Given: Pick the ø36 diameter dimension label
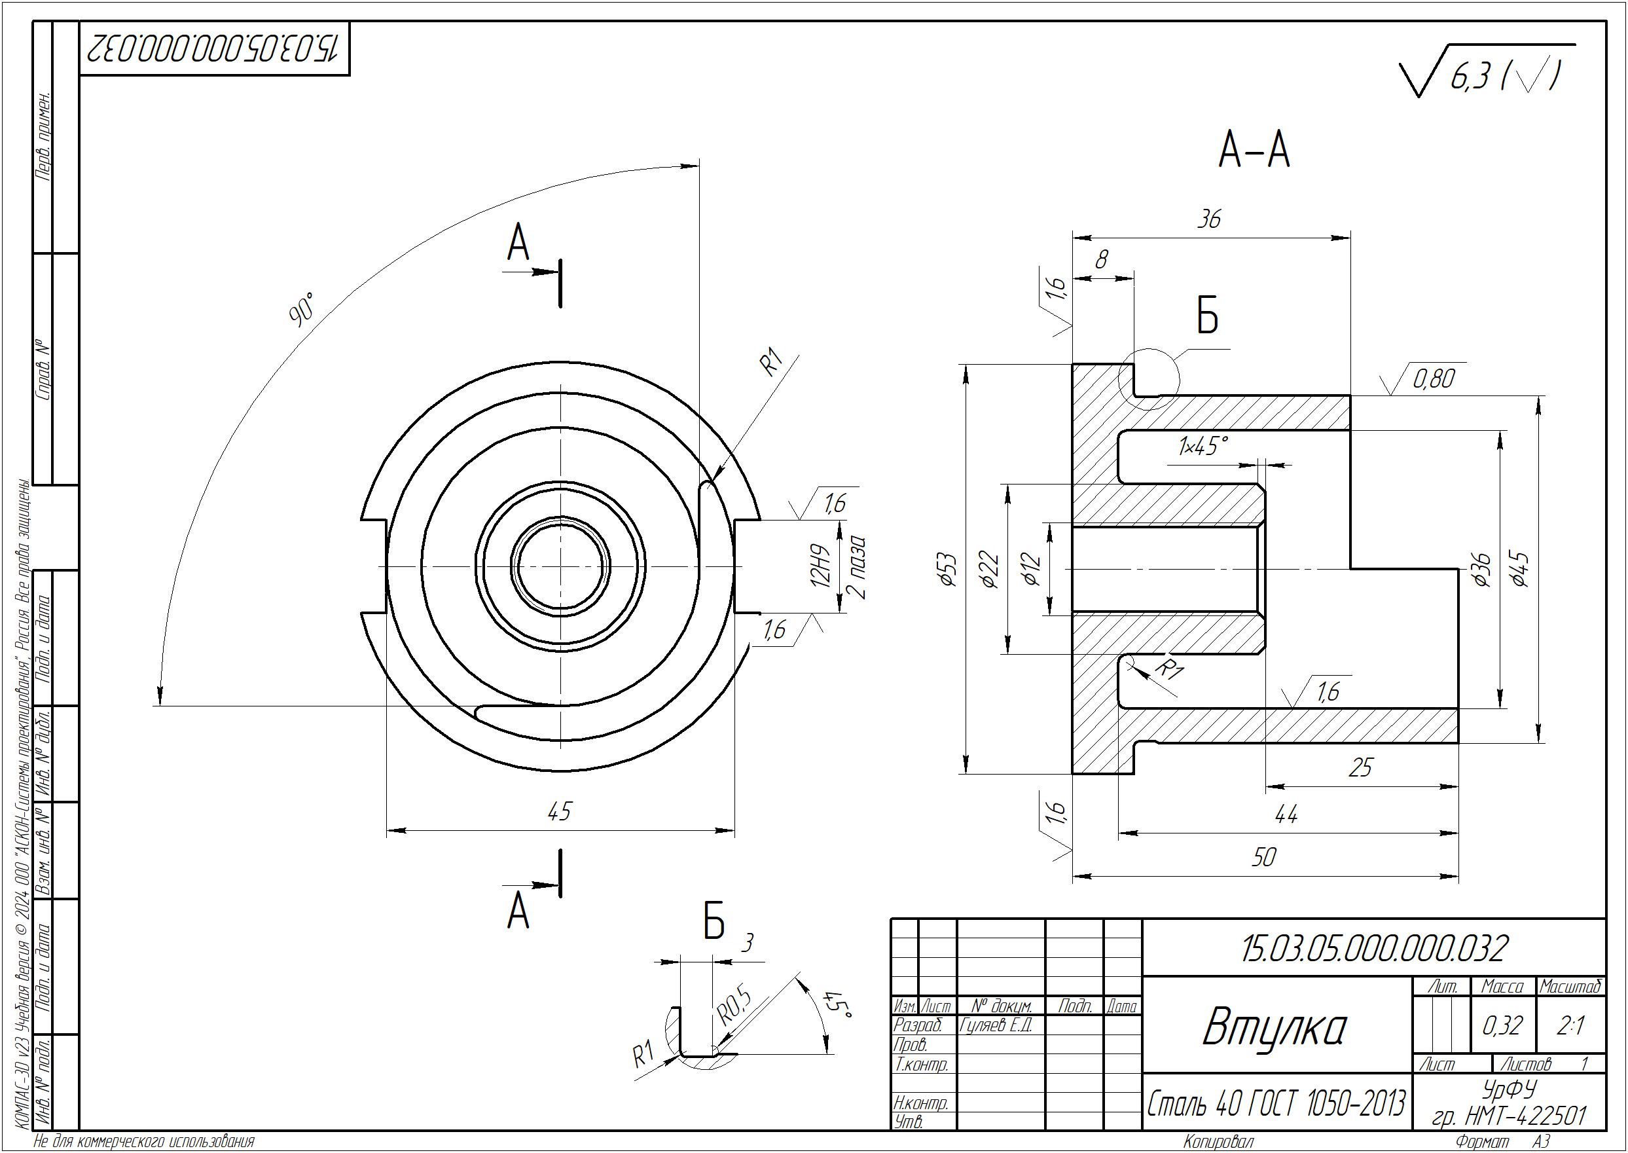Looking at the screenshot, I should tap(1481, 569).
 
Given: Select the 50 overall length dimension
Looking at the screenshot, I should tap(1264, 857).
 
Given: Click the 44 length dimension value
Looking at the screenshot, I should tap(1286, 814).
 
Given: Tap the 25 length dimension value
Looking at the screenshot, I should tap(1360, 767).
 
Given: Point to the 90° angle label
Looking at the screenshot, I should tap(301, 309).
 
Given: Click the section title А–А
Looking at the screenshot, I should tap(1254, 151).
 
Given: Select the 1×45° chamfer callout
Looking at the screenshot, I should tap(1203, 447).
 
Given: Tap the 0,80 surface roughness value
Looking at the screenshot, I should tap(1434, 379).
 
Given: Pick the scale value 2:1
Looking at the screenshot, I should tap(1570, 1026).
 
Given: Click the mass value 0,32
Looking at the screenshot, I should tap(1502, 1026).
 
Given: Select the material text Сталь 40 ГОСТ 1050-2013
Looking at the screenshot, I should tap(1276, 1103).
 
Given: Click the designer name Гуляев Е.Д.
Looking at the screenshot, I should tap(995, 1025).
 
